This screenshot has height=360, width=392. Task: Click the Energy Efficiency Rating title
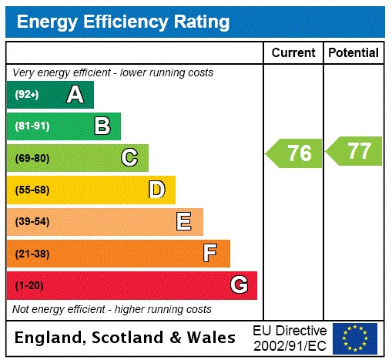click(x=123, y=22)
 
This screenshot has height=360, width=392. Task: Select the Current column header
click(x=293, y=52)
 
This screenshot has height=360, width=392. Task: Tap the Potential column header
click(x=353, y=52)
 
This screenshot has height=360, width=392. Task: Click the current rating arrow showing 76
click(x=294, y=153)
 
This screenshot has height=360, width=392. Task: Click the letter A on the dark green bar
click(x=75, y=95)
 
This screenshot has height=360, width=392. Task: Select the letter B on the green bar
click(x=102, y=126)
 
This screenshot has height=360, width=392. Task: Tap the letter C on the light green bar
click(x=129, y=158)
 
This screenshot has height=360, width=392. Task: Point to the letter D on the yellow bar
click(x=156, y=190)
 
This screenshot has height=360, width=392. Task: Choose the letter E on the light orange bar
click(x=183, y=222)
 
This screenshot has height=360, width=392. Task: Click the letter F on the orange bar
click(x=209, y=253)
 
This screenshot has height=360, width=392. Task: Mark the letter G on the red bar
click(x=239, y=285)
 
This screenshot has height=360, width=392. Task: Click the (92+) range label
click(x=26, y=95)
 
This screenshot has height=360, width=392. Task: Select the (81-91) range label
click(x=32, y=126)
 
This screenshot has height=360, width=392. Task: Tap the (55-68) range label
click(x=32, y=190)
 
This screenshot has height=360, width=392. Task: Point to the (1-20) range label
click(x=29, y=285)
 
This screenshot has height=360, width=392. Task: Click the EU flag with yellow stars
click(x=355, y=338)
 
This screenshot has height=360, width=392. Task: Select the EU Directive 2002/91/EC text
click(x=290, y=337)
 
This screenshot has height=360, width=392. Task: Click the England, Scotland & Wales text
click(x=126, y=338)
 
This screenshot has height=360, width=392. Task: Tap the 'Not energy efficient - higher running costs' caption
click(x=112, y=309)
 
